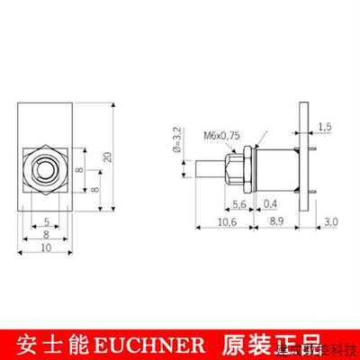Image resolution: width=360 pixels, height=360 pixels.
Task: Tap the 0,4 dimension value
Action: click(x=270, y=204)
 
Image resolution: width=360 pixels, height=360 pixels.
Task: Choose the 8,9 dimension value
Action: click(x=281, y=220)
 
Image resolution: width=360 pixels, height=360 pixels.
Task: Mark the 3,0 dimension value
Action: click(x=330, y=220)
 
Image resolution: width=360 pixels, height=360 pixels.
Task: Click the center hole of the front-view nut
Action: click(x=43, y=168)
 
